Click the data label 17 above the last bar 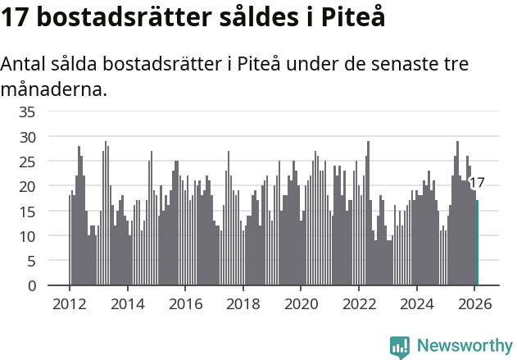(476, 183)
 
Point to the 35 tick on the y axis (28, 112)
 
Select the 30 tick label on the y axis (28, 137)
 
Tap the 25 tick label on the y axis (28, 162)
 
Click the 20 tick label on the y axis (28, 186)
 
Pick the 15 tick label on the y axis (28, 212)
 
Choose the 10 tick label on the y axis (28, 236)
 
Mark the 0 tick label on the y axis (32, 286)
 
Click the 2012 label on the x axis (69, 303)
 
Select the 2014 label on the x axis (127, 303)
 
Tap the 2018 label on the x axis (243, 303)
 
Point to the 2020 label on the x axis (301, 303)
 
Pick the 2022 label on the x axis (359, 303)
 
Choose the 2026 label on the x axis (474, 303)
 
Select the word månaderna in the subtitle (54, 89)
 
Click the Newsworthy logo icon (400, 347)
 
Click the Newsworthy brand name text (465, 346)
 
